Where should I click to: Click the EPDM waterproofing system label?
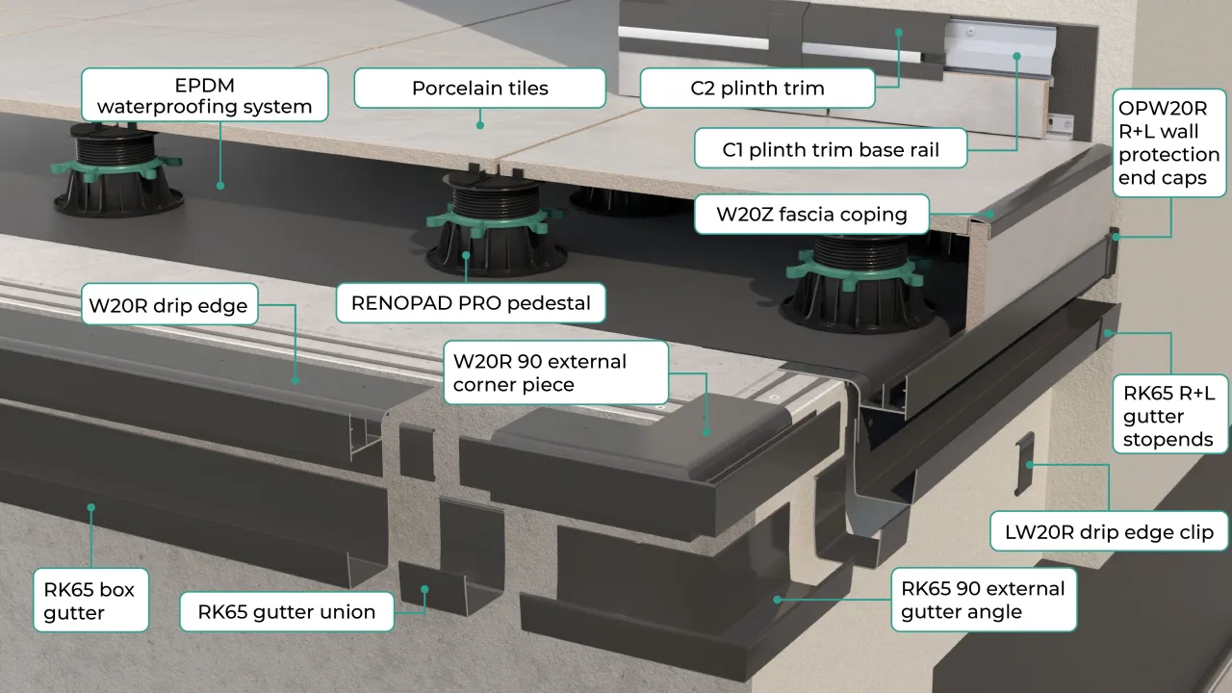click(x=204, y=95)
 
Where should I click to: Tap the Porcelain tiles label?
click(x=479, y=89)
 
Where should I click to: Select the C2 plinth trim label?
click(x=757, y=89)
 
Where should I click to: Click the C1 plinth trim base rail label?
click(x=830, y=150)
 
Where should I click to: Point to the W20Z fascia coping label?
click(x=811, y=214)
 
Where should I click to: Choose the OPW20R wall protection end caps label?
click(x=1168, y=141)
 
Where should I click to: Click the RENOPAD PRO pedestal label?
click(x=470, y=303)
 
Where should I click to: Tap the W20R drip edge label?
click(x=167, y=307)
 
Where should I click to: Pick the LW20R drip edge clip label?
click(x=1109, y=531)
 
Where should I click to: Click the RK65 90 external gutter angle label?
click(x=983, y=600)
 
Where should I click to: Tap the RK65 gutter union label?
click(x=286, y=611)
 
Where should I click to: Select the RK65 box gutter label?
click(x=90, y=600)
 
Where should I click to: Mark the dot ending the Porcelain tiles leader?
click(x=480, y=124)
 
